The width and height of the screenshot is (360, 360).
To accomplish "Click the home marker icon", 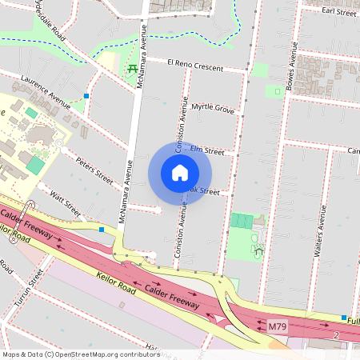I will [x=180, y=173].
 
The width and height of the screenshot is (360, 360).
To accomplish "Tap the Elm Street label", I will [x=206, y=150].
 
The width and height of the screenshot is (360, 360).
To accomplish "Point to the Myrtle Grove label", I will [x=212, y=107].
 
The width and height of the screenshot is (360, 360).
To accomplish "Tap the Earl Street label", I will [x=338, y=12].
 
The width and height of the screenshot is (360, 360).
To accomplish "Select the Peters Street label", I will [x=94, y=169].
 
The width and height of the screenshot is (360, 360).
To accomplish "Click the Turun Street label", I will [x=25, y=289].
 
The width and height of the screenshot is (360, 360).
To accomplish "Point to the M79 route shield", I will [x=277, y=326].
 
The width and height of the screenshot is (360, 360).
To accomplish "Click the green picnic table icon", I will [x=131, y=69].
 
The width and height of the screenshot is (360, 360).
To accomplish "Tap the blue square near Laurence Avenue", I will [x=86, y=95].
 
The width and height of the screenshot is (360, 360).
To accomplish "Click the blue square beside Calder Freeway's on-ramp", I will [x=102, y=230].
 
